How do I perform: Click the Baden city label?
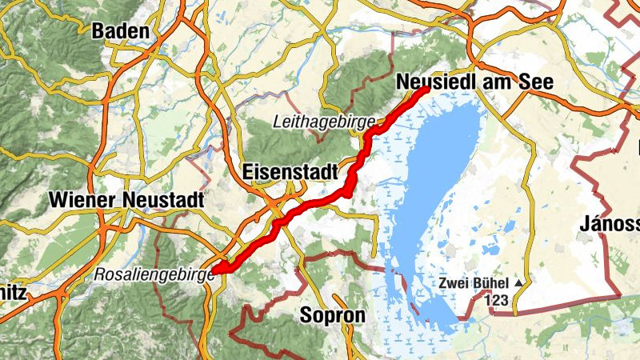pos(121,32)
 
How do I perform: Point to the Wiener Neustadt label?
pos(126,199)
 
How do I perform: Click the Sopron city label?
pos(332,315)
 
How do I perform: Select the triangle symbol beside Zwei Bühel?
pos(519,283)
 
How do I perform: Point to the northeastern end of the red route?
pos(424,90)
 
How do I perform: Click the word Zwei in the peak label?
pos(454,283)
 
